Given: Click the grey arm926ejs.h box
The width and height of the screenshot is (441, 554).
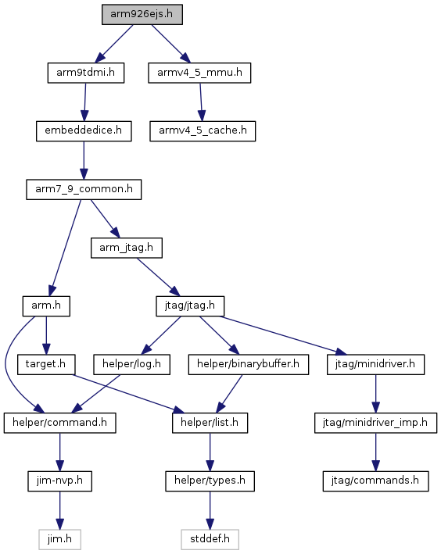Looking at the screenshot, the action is coord(142,15).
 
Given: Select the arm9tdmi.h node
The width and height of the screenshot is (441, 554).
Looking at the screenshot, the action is coord(86,73).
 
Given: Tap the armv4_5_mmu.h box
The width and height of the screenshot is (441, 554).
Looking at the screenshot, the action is coord(199,73).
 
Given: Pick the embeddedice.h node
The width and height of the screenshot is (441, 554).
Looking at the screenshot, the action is coord(84,131).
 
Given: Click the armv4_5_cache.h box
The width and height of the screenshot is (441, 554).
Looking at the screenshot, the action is coord(203,131).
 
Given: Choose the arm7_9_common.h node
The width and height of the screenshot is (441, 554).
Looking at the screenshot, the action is coord(84,189).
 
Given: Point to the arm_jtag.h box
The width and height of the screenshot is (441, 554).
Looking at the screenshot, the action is coord(127,248).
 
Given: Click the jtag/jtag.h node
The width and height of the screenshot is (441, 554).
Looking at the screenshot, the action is coord(190,306).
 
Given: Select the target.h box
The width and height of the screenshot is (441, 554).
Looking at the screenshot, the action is coord(46,364).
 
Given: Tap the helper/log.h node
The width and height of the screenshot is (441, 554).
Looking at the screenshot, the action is coord(132,364).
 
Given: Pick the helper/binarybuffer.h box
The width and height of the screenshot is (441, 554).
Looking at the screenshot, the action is coord(249,364).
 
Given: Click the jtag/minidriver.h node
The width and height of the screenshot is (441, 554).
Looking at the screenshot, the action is coord(375,364).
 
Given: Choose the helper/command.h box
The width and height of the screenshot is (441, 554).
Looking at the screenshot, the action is coord(59,423).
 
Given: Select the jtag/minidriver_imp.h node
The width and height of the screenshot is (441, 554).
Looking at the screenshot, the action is coord(375,423).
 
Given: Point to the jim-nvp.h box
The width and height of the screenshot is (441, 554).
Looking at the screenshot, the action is coord(59,481).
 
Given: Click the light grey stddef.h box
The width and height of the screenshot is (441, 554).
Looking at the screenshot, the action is coord(210,539).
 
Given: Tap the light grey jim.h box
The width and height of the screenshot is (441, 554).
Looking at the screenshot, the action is coord(59,539).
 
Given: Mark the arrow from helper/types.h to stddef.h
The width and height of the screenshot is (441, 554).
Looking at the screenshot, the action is coord(210,510).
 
